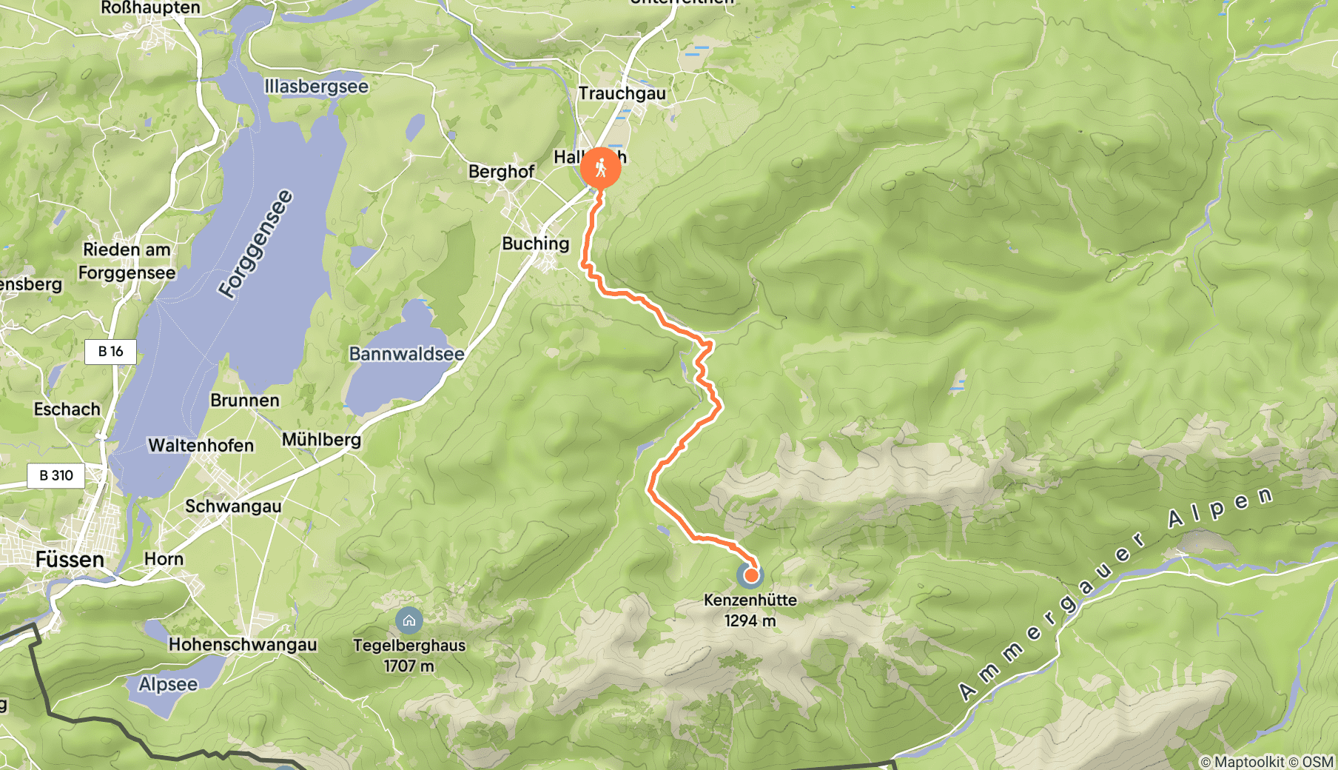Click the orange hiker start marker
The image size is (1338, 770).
600,167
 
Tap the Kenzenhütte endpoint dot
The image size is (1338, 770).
750,575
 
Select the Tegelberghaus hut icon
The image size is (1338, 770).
409,620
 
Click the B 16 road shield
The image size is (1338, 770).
111,351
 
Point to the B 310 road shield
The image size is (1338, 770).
56,475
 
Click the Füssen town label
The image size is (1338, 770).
70,559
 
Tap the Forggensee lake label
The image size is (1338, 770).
255,244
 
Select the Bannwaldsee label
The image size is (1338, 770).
406,354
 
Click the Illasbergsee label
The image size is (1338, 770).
316,87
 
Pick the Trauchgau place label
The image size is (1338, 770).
622,93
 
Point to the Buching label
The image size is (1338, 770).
535,244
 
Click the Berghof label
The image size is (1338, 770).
501,172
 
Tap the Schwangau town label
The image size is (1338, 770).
233,506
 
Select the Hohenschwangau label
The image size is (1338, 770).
243,644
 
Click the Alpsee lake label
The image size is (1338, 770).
168,684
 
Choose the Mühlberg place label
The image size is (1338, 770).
321,440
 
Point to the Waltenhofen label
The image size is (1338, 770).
201,445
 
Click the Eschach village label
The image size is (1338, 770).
67,409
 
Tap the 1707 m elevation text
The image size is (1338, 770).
409,666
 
